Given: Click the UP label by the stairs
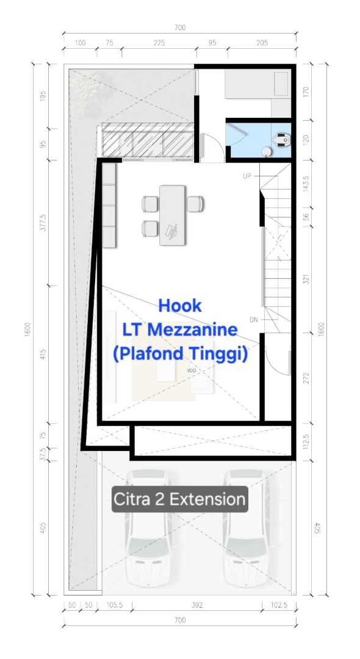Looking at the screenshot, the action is pyautogui.click(x=247, y=176).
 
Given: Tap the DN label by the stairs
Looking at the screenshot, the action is pyautogui.click(x=254, y=320).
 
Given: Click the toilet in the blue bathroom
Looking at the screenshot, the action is pyautogui.click(x=281, y=139).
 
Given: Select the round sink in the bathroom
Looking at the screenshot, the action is pyautogui.click(x=266, y=152).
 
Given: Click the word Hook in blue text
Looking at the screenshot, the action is pyautogui.click(x=180, y=306).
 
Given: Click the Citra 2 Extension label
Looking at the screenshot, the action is pyautogui.click(x=180, y=499).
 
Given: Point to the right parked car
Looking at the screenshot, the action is pyautogui.click(x=246, y=528).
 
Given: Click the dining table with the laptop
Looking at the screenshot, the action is pyautogui.click(x=172, y=215).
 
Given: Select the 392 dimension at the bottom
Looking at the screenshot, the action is pyautogui.click(x=197, y=605).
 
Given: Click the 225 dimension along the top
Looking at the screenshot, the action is pyautogui.click(x=159, y=43).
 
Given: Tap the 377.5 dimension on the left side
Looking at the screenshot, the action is pyautogui.click(x=43, y=222).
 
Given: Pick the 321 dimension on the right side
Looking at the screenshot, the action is pyautogui.click(x=306, y=279).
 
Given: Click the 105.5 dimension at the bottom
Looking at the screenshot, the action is pyautogui.click(x=114, y=605).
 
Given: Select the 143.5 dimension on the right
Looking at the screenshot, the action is pyautogui.click(x=306, y=183).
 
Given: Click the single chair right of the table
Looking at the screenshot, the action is pyautogui.click(x=195, y=204).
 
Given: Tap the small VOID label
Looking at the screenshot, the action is pyautogui.click(x=192, y=371).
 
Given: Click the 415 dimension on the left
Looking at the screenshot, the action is pyautogui.click(x=43, y=354).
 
